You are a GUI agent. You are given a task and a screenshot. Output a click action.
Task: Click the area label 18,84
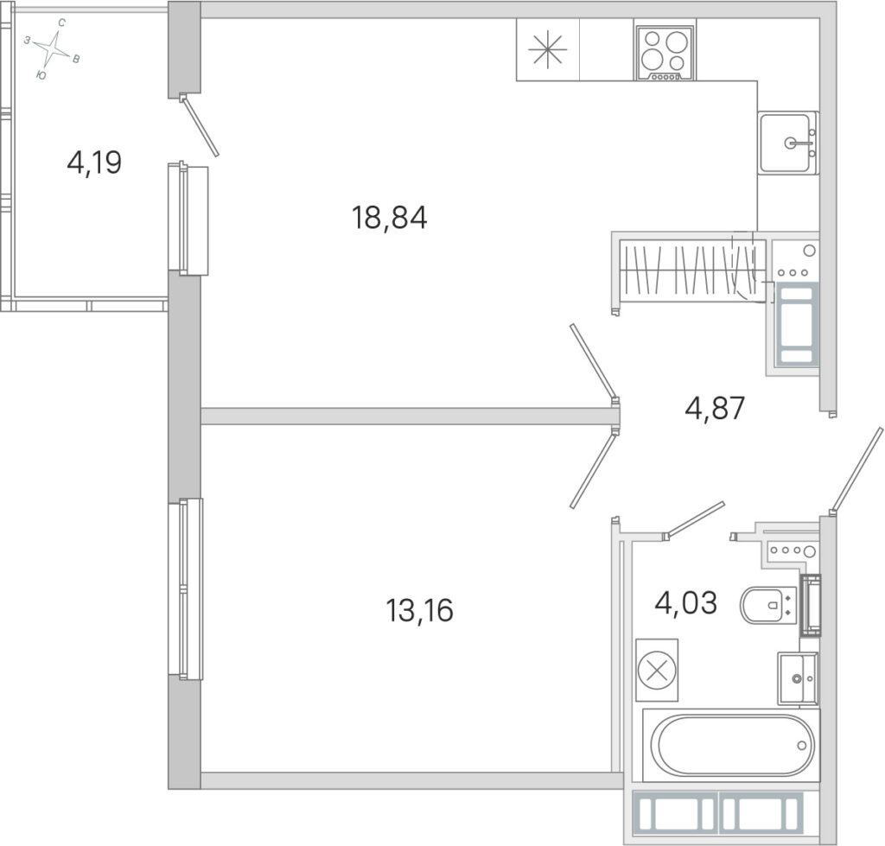[390, 219]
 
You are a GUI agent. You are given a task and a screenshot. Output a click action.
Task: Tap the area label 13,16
[419, 610]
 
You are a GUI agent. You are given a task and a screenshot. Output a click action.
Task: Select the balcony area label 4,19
[94, 163]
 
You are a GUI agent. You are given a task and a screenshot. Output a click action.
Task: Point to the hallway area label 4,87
[715, 408]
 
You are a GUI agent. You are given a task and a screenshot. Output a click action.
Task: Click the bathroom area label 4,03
[685, 602]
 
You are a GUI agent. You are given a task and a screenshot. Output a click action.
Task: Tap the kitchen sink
[788, 143]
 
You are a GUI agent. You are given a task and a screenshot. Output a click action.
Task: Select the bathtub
[731, 745]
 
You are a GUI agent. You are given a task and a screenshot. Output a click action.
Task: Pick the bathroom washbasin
[798, 678]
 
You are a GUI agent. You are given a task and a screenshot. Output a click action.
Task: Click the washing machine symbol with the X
[657, 671]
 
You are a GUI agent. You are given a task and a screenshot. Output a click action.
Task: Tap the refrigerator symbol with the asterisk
[547, 49]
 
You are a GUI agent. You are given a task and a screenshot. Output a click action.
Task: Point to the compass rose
[53, 48]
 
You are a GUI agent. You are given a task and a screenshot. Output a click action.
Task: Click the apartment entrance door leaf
[856, 470]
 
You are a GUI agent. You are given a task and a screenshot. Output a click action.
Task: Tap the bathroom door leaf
[694, 518]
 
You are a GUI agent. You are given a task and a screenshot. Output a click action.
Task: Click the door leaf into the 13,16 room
[592, 469]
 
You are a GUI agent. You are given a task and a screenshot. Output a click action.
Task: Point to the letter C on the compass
[62, 22]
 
